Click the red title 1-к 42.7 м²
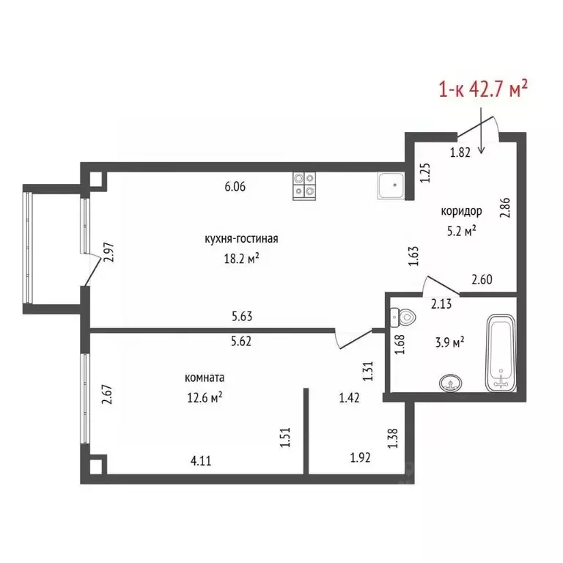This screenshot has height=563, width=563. coord(483,89)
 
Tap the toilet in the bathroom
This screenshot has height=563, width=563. coord(402,317)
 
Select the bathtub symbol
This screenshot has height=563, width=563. coord(501,353)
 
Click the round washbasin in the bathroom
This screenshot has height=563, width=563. coord(450,383)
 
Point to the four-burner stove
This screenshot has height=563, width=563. coord(304,186)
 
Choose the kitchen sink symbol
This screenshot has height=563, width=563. coord(391,185)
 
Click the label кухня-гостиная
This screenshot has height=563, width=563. coord(241,239)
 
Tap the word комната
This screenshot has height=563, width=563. coord(205,378)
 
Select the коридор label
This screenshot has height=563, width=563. coord(461,211)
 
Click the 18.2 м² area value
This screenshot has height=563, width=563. coord(242,259)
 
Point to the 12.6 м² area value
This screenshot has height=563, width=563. coord(205,397)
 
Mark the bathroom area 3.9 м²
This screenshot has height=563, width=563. coord(449,342)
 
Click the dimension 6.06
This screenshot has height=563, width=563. coord(235,187)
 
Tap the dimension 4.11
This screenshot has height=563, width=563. coord(201,460)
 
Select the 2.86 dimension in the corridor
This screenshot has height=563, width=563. coord(505,207)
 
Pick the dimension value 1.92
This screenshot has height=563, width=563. coord(360,457)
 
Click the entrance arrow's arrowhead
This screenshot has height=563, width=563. coord(481,151)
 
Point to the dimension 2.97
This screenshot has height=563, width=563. coord(108,252)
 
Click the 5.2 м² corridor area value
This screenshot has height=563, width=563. coord(461,231)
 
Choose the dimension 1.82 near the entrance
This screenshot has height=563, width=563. coord(460,152)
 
